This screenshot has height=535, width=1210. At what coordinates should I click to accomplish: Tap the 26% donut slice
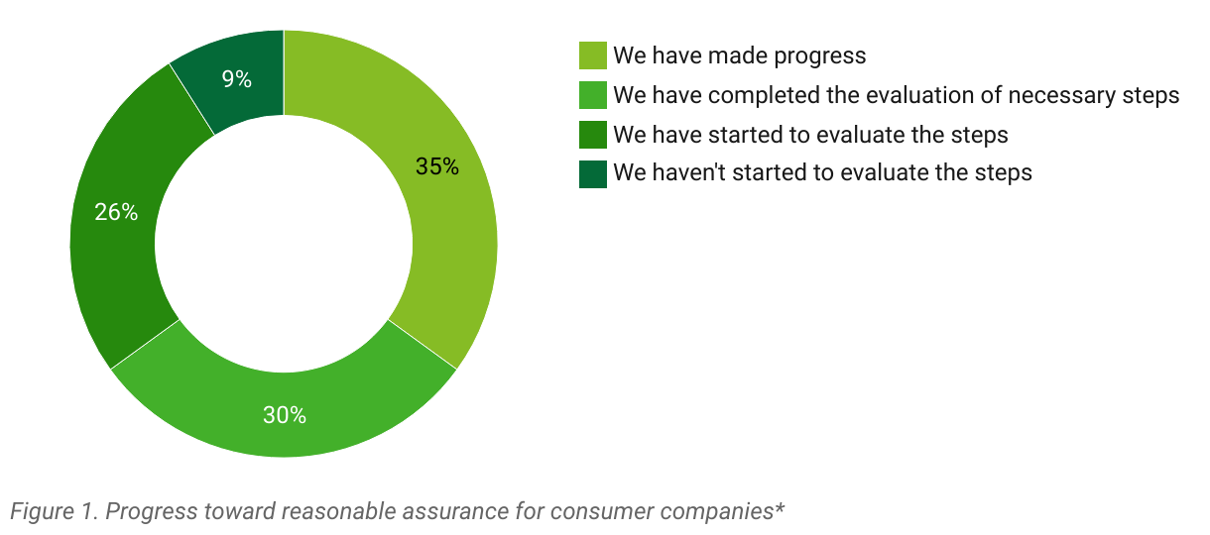116,227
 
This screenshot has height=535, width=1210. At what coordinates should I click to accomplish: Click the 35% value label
437,166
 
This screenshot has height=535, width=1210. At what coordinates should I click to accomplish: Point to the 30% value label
284,415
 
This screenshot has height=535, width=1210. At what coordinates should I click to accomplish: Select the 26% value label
116,212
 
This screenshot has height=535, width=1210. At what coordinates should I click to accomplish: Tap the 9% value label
237,79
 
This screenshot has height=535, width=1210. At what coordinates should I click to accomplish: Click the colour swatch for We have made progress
592,55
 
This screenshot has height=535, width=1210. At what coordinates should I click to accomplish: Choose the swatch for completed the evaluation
592,95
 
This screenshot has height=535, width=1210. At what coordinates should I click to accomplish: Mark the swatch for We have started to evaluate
592,135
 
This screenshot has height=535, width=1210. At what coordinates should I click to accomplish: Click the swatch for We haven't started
592,173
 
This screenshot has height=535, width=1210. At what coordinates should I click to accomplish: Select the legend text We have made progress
740,55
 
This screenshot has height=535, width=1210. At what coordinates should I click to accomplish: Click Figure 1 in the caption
54,511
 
